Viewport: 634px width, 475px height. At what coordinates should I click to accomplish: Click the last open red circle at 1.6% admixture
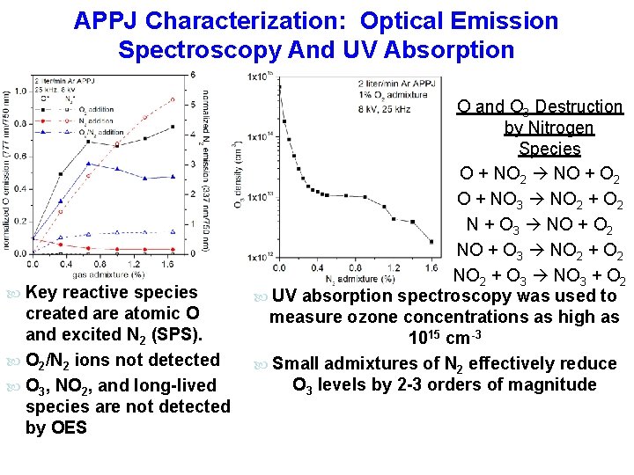[x=173, y=101]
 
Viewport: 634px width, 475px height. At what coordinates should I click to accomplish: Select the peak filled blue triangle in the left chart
[x=87, y=164]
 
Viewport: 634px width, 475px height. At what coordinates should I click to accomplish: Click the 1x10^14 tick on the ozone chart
[x=258, y=136]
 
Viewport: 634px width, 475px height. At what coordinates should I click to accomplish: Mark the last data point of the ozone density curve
[x=431, y=241]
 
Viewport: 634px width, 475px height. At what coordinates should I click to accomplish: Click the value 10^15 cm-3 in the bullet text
[x=444, y=339]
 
